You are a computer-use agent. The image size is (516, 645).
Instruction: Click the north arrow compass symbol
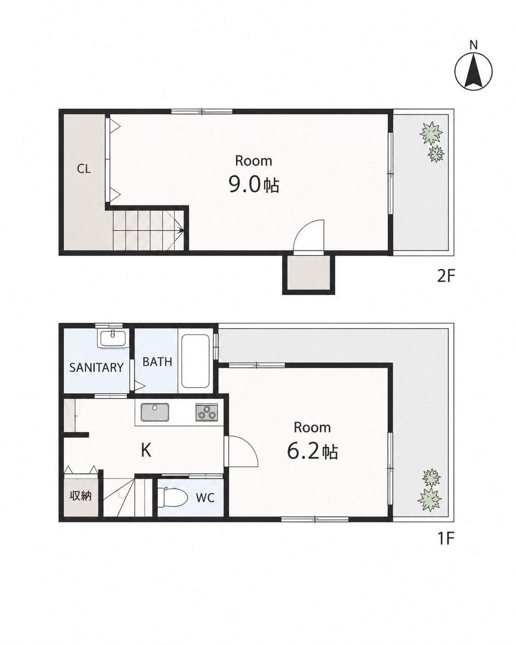473,72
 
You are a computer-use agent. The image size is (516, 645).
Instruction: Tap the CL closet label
84,169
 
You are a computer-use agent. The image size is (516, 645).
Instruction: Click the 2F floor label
446,276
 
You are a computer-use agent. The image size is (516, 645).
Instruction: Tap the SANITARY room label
97,367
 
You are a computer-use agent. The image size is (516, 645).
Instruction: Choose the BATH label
157,362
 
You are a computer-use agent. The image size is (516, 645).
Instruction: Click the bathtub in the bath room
195,362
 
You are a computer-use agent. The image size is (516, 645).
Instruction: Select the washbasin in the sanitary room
113,340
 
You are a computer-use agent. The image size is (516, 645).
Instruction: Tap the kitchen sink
155,412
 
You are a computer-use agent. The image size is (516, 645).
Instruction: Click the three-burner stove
207,412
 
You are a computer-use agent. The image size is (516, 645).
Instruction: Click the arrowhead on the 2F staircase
181,230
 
